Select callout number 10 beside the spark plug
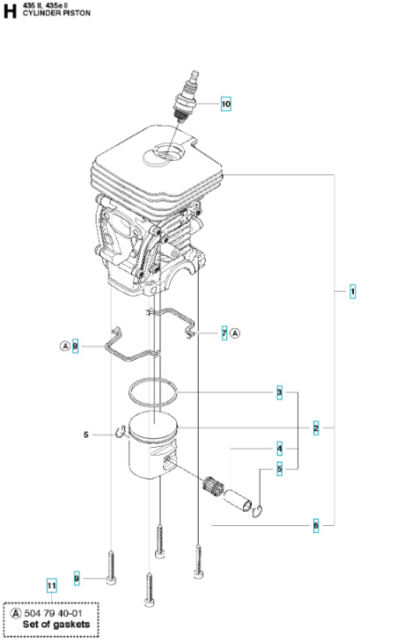pos(226,104)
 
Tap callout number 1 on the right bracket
pos(353,291)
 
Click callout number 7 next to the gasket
pos(224,332)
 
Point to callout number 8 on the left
pos(75,347)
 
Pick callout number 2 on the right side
pos(316,427)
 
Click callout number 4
pos(279,449)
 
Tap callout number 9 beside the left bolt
pos(77,577)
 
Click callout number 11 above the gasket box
pos(50,584)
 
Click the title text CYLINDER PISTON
pos(54,15)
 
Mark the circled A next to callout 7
pos(236,332)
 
